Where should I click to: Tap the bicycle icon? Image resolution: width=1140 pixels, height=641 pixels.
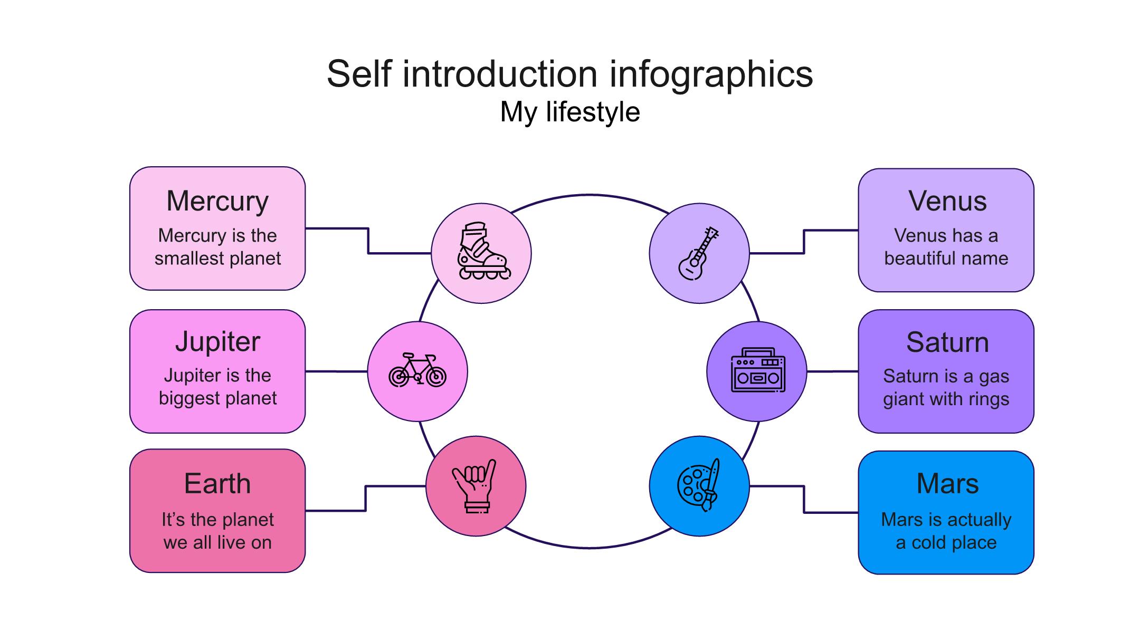(417, 370)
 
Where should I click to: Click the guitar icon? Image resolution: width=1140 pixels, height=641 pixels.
(699, 253)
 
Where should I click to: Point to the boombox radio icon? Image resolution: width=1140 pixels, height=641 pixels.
(758, 370)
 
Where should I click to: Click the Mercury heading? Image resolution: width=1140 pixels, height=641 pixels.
(217, 202)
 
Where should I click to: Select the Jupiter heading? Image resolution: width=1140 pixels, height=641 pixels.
(217, 342)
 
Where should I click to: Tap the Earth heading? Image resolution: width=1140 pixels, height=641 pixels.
(217, 483)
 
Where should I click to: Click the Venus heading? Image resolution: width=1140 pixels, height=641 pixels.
(947, 202)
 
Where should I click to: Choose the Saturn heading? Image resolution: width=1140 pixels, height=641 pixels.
(947, 342)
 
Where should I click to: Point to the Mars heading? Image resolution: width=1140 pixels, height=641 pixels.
(947, 483)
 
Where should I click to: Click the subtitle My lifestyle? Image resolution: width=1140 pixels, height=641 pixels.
(570, 112)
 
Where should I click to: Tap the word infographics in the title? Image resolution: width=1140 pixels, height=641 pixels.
(711, 74)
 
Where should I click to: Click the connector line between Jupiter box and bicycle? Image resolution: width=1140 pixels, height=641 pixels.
(336, 371)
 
